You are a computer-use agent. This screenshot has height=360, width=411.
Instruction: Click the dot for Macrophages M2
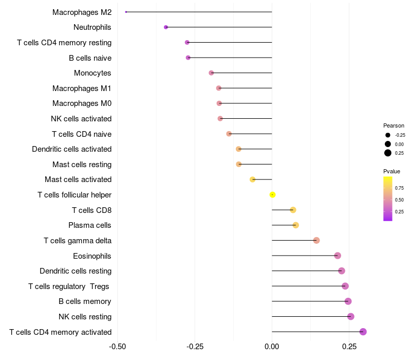pos(126,12)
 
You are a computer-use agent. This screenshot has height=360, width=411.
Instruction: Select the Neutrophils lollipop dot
pos(166,27)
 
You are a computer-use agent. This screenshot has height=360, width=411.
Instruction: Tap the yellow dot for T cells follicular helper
pos(273,194)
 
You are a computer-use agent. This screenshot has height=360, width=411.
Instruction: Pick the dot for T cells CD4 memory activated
pos(363,332)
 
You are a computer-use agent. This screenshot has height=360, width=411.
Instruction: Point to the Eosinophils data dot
pos(338,256)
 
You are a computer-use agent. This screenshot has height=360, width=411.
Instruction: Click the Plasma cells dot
pos(295,225)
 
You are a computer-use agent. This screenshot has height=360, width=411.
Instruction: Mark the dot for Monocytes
pos(211,73)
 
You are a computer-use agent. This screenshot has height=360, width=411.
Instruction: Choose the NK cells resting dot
pos(351,316)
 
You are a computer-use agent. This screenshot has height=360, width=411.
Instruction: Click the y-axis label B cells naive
pos(90,58)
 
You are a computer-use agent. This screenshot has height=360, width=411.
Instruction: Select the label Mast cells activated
pos(78,179)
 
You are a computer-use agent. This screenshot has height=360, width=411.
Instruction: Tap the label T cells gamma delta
pos(78,240)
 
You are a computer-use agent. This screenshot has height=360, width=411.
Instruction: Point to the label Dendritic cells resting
pos(76,271)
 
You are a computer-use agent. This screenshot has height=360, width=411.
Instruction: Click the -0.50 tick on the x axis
pos(118,346)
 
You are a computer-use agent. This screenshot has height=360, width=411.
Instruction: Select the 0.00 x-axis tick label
pos(272,346)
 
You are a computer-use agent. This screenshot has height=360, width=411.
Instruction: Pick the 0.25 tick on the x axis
pos(349,346)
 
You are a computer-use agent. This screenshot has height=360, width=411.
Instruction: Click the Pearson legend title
pos(394,125)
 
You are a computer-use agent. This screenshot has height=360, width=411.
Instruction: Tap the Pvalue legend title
pos(391,171)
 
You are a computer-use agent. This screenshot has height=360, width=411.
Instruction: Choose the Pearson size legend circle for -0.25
pos(388,135)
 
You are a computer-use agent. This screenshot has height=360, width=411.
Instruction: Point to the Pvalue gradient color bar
pos(388,199)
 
